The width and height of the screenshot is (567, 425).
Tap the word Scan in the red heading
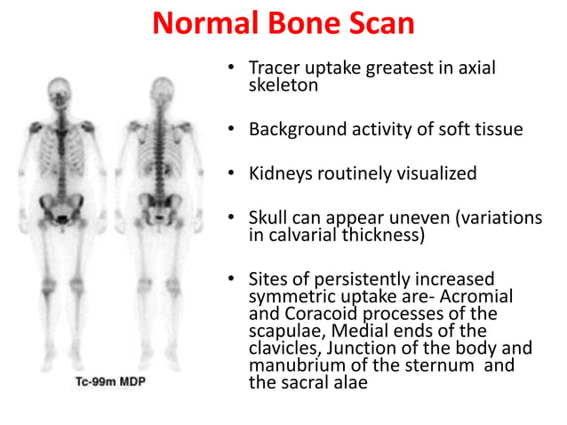click(382, 22)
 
